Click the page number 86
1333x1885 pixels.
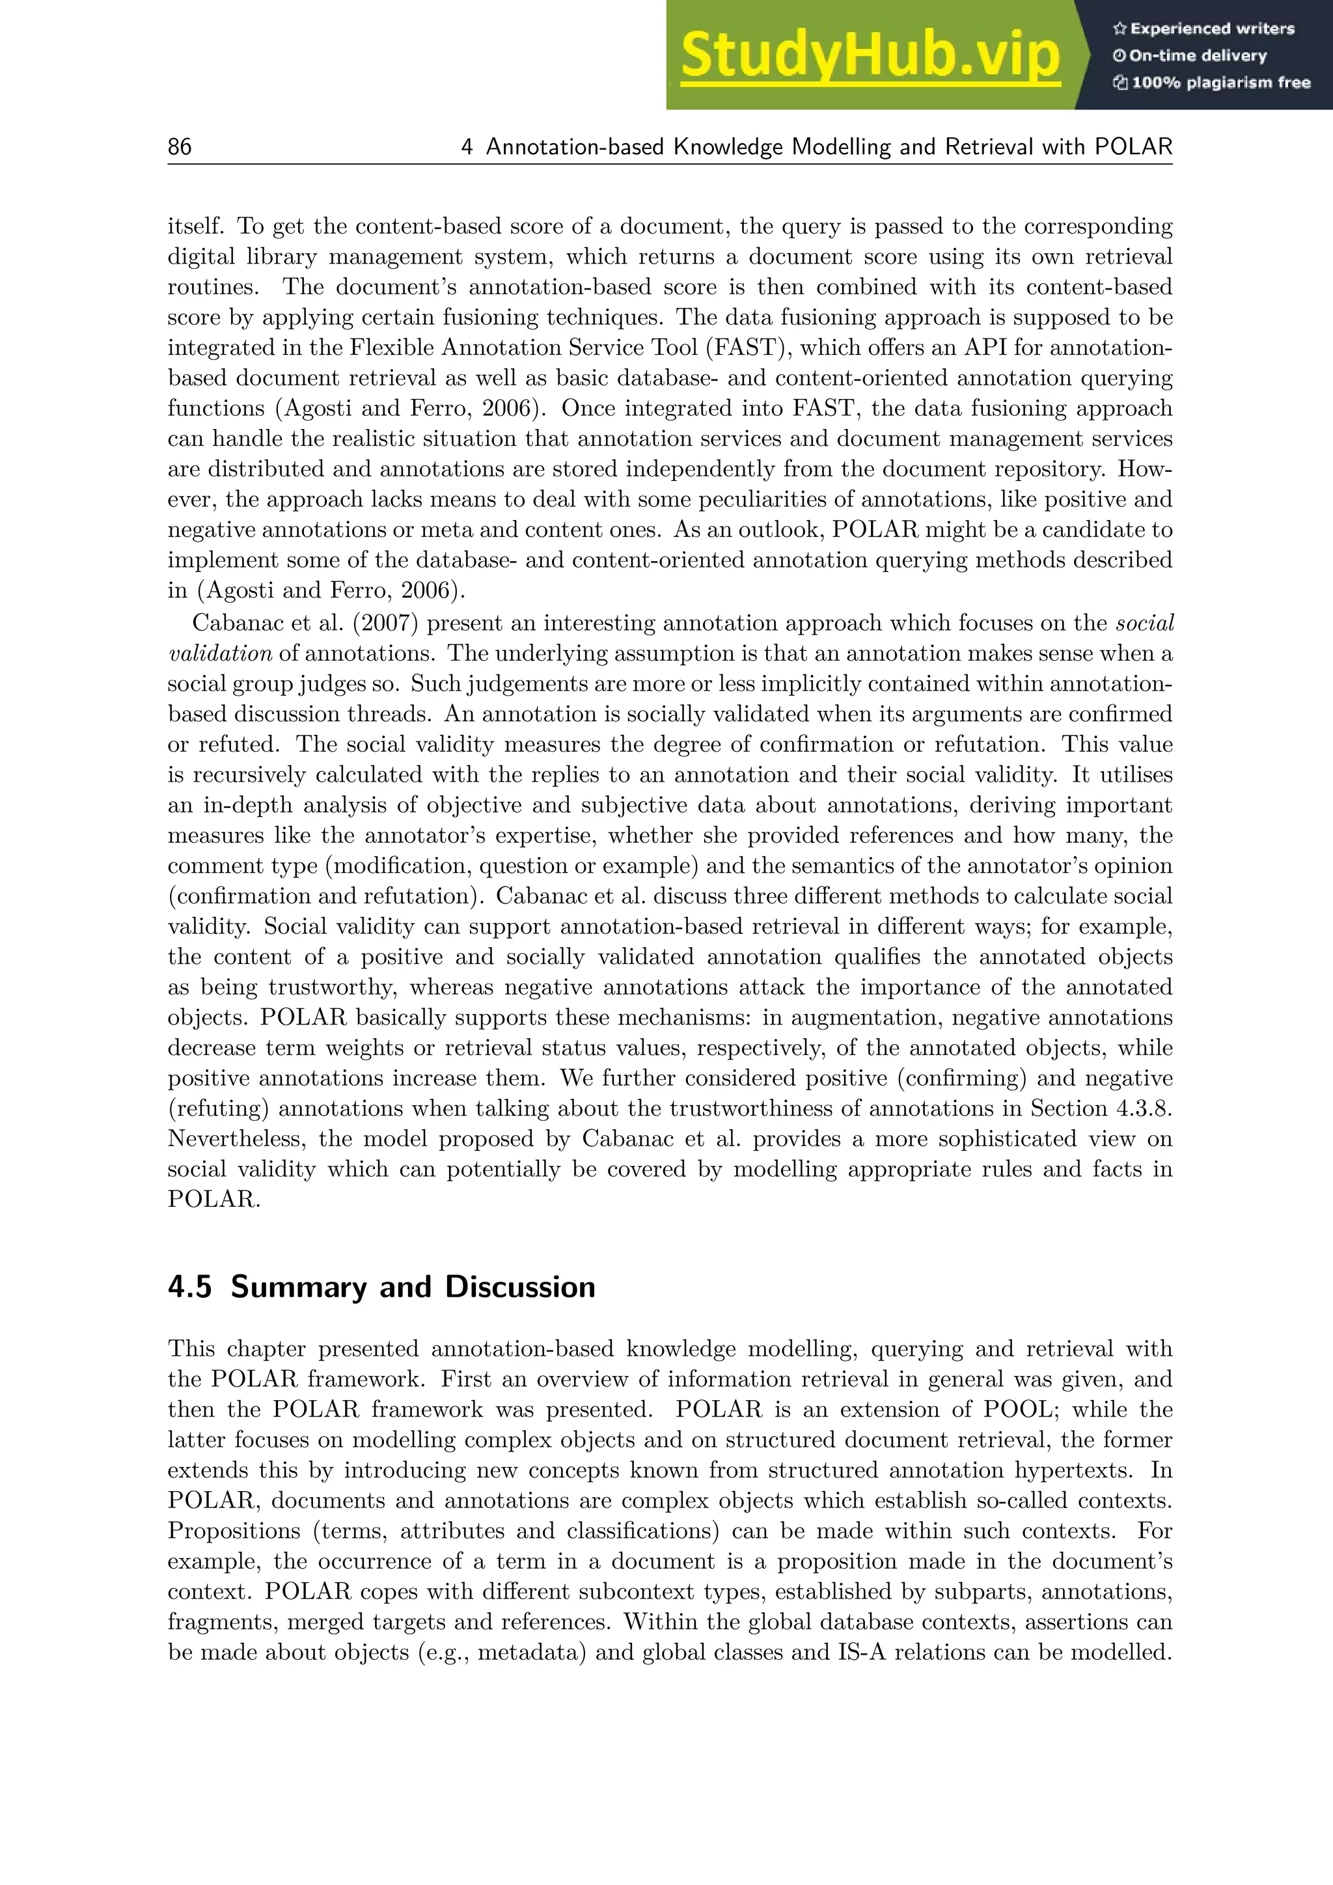tap(179, 147)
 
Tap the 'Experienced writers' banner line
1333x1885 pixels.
tap(1203, 29)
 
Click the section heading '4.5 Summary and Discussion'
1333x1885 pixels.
tap(381, 1286)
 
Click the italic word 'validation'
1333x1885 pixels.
tap(219, 654)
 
